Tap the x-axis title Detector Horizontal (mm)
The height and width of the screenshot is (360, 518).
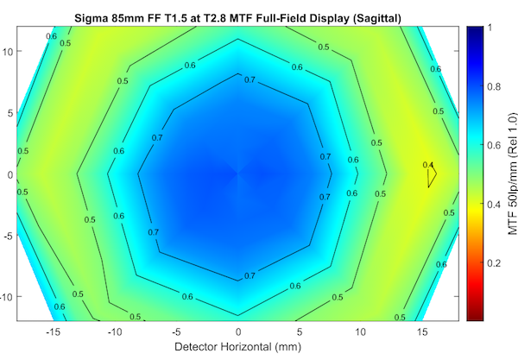point(238,347)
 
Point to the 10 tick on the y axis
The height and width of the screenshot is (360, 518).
point(8,51)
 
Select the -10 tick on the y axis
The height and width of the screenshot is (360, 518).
point(6,296)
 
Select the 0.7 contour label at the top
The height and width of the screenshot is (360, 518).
point(250,79)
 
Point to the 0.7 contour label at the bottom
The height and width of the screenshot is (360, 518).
point(250,275)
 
